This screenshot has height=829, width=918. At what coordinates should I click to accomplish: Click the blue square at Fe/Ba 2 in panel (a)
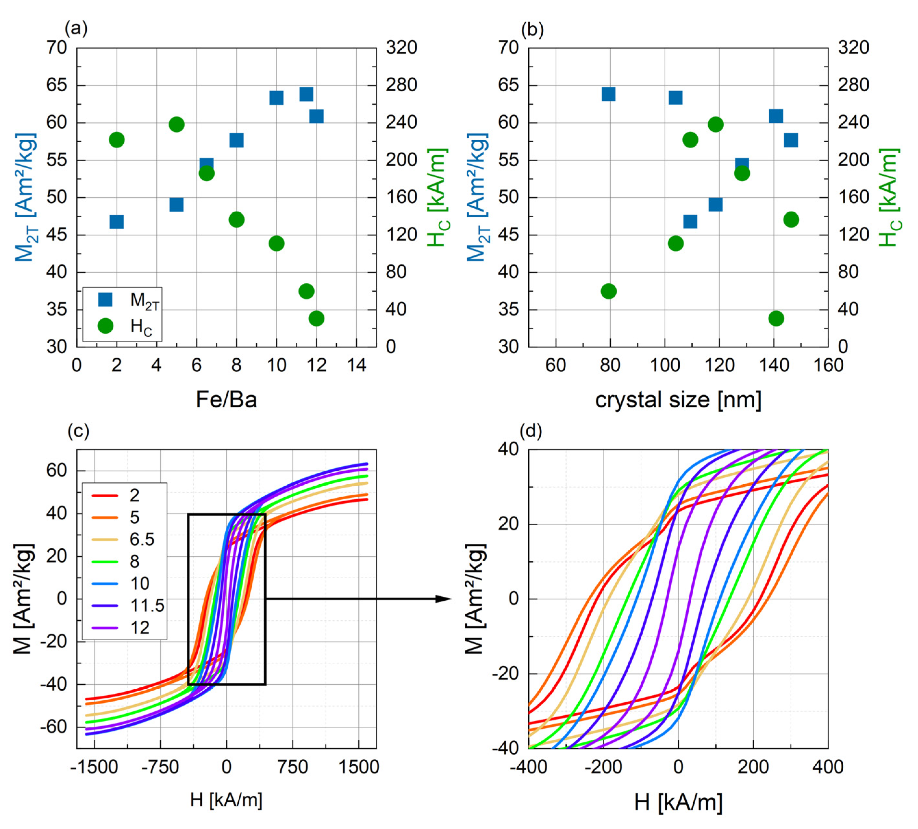[117, 222]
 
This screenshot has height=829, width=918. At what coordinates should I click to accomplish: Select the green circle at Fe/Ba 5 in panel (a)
[176, 124]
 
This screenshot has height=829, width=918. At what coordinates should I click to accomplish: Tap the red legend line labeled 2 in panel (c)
[105, 495]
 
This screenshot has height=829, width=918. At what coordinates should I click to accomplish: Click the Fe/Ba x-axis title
[226, 400]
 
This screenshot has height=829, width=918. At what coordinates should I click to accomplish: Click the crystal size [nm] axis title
[678, 400]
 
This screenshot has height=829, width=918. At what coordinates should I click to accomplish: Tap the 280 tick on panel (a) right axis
[401, 85]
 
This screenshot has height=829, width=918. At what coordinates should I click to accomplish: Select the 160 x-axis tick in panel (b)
[828, 365]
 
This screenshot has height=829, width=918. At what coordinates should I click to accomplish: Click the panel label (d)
[531, 431]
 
